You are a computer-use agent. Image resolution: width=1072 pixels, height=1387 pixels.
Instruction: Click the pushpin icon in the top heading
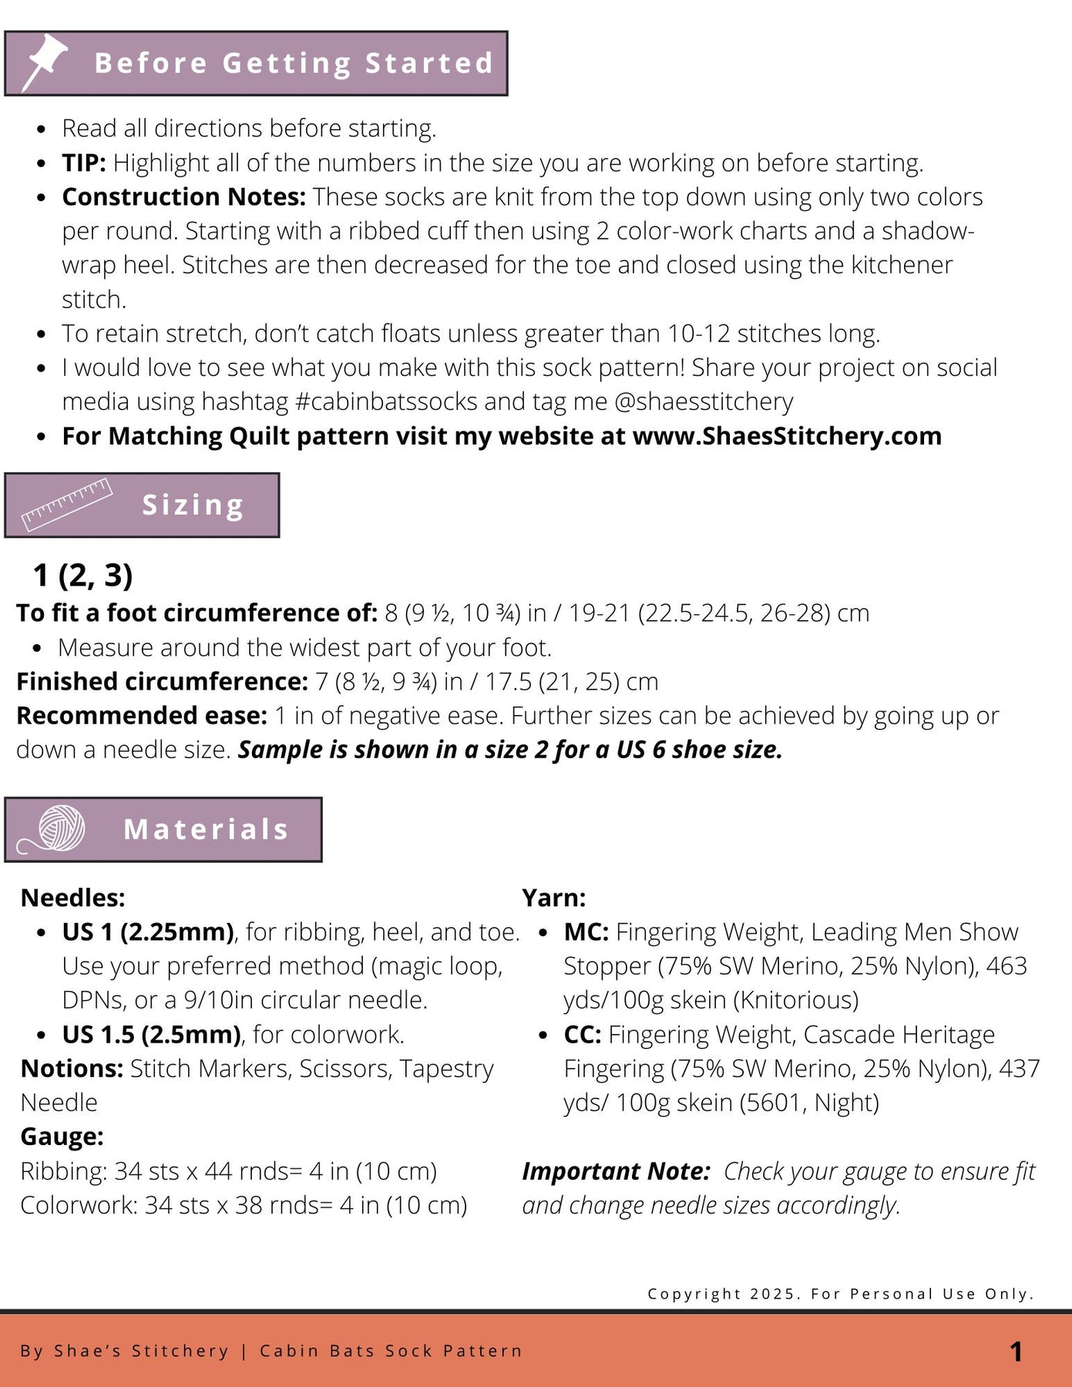[x=45, y=62]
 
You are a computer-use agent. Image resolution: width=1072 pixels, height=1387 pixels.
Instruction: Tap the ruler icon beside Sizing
[x=66, y=505]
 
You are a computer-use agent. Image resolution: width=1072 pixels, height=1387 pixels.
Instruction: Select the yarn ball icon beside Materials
[x=61, y=828]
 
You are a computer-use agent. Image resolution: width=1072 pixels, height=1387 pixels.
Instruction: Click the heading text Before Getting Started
[x=294, y=63]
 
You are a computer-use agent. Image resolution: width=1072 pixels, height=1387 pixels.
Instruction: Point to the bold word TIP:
[x=84, y=163]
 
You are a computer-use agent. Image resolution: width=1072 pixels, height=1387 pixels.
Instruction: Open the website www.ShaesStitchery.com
[x=787, y=436]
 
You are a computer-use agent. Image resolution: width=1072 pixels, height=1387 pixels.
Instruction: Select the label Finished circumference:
[x=162, y=682]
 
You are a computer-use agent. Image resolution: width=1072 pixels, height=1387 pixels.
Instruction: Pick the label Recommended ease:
[x=142, y=716]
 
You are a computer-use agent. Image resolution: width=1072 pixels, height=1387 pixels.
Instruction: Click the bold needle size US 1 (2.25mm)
[x=148, y=932]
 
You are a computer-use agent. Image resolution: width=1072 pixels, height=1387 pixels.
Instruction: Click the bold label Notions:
[x=72, y=1069]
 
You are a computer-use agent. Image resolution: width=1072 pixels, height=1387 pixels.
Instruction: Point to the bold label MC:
[x=586, y=932]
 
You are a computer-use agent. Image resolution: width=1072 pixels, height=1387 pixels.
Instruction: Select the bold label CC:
[x=582, y=1035]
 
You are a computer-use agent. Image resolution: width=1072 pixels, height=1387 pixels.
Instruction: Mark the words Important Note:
[x=616, y=1171]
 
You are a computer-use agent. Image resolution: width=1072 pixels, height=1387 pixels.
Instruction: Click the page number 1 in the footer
[x=1016, y=1351]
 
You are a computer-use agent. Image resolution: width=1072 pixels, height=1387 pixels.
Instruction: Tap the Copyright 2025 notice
[x=840, y=1294]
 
